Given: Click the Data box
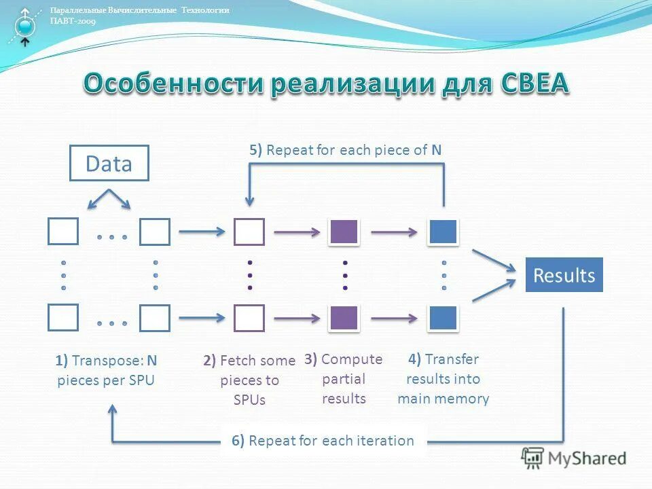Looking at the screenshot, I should point(109,163).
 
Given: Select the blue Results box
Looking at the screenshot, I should point(564,275).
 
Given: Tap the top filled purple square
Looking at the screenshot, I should point(344,232).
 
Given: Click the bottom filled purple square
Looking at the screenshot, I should point(344,317).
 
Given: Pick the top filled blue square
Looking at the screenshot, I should point(443,232).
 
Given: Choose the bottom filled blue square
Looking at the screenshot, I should point(443,317).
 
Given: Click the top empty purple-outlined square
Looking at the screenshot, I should point(249,232).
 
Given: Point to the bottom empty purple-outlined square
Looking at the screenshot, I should point(249,317).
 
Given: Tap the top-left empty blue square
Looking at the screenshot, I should point(63,232).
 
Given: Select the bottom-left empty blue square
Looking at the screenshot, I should point(63,317).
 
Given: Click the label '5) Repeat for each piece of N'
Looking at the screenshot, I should point(345,150).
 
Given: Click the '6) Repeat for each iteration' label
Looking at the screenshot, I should point(323,441).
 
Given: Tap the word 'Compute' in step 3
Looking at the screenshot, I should point(352,359).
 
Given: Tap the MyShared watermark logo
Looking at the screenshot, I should point(574,458).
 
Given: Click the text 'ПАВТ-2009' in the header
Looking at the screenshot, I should point(73,20).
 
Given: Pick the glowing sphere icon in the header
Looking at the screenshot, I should point(25,26).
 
